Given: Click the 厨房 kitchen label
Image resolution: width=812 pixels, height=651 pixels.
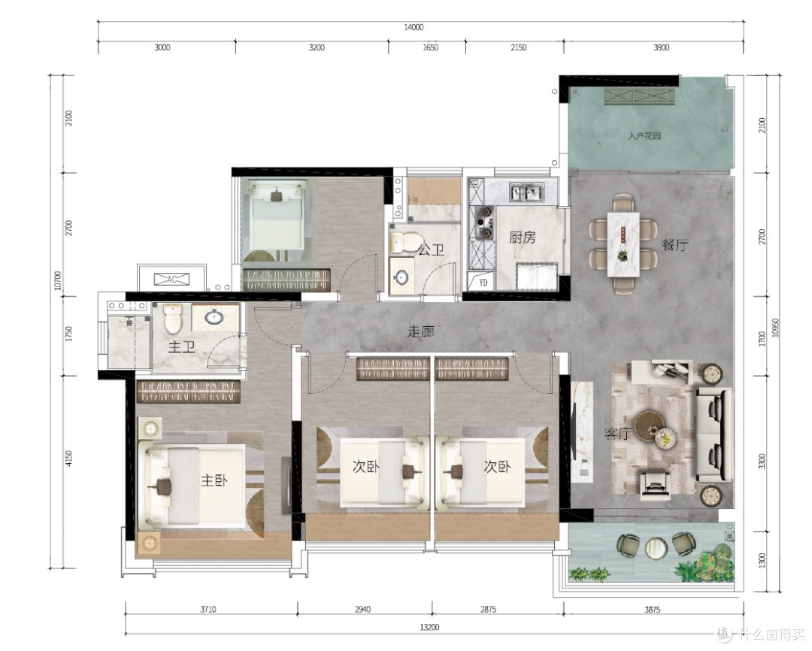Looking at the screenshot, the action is (522, 238).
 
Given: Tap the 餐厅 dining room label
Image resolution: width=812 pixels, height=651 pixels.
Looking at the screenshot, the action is (674, 245).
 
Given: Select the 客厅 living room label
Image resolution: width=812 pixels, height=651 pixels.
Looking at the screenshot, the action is (617, 433).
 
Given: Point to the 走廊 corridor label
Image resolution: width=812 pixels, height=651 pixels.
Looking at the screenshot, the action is (420, 332).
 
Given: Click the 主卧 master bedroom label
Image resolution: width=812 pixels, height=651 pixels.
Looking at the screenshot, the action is (214, 480).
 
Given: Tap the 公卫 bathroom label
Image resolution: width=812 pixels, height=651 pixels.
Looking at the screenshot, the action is (431, 250).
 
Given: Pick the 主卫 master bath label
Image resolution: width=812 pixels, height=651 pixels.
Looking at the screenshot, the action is (181, 347).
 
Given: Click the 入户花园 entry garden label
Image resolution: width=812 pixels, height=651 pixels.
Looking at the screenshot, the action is (644, 136).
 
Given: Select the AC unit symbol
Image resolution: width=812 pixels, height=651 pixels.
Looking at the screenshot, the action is (172, 279).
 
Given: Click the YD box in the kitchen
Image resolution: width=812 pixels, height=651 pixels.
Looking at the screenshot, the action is (483, 282).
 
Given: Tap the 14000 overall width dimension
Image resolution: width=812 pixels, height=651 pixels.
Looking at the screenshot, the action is (414, 28).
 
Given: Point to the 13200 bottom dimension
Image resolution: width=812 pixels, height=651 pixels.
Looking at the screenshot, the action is (429, 627).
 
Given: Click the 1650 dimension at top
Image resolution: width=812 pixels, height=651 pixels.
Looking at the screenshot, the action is (430, 47).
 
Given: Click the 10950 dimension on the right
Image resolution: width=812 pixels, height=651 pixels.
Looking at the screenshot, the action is (775, 327).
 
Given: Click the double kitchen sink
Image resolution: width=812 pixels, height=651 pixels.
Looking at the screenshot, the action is (527, 192).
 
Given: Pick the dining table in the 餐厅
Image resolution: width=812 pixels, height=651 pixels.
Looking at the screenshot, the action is (623, 244).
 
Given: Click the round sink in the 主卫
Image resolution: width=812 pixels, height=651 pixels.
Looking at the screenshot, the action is (214, 316).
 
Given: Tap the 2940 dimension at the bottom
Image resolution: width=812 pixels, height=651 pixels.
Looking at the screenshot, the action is (362, 609).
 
